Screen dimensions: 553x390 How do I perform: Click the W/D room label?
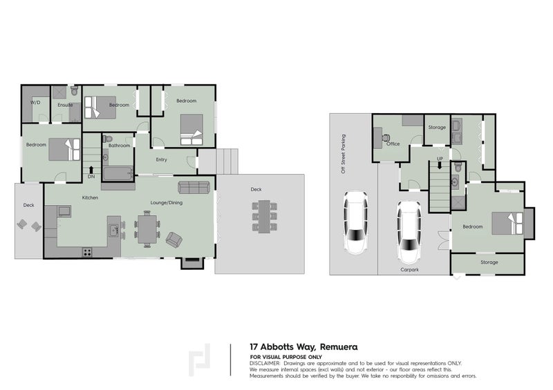tap(35, 103)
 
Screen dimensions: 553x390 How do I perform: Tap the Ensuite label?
tap(65, 105)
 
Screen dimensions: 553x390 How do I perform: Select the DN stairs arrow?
tap(91, 170)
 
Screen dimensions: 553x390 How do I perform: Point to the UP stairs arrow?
tap(440, 165)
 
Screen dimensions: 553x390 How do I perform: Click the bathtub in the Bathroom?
tap(118, 174)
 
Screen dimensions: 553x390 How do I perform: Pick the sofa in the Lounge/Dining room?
tap(194, 188)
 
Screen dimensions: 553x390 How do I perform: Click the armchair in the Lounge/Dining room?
tap(174, 240)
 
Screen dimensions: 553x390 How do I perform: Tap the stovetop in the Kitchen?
tap(87, 252)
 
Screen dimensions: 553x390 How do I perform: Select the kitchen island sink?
tap(114, 231)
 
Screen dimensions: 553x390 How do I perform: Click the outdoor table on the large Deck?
tap(264, 216)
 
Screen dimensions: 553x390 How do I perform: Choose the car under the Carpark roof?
tap(409, 232)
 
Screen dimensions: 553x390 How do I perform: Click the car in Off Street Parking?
tap(356, 222)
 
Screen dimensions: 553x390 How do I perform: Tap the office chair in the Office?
tap(387, 138)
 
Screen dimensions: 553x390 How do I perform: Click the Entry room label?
tap(162, 159)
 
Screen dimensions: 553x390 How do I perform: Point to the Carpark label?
tap(409, 269)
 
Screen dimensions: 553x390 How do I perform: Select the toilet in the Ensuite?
tap(74, 90)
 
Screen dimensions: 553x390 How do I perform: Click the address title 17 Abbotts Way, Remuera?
tap(303, 347)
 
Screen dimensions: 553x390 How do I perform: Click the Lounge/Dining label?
tap(167, 202)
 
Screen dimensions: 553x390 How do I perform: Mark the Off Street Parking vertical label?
tap(343, 154)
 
